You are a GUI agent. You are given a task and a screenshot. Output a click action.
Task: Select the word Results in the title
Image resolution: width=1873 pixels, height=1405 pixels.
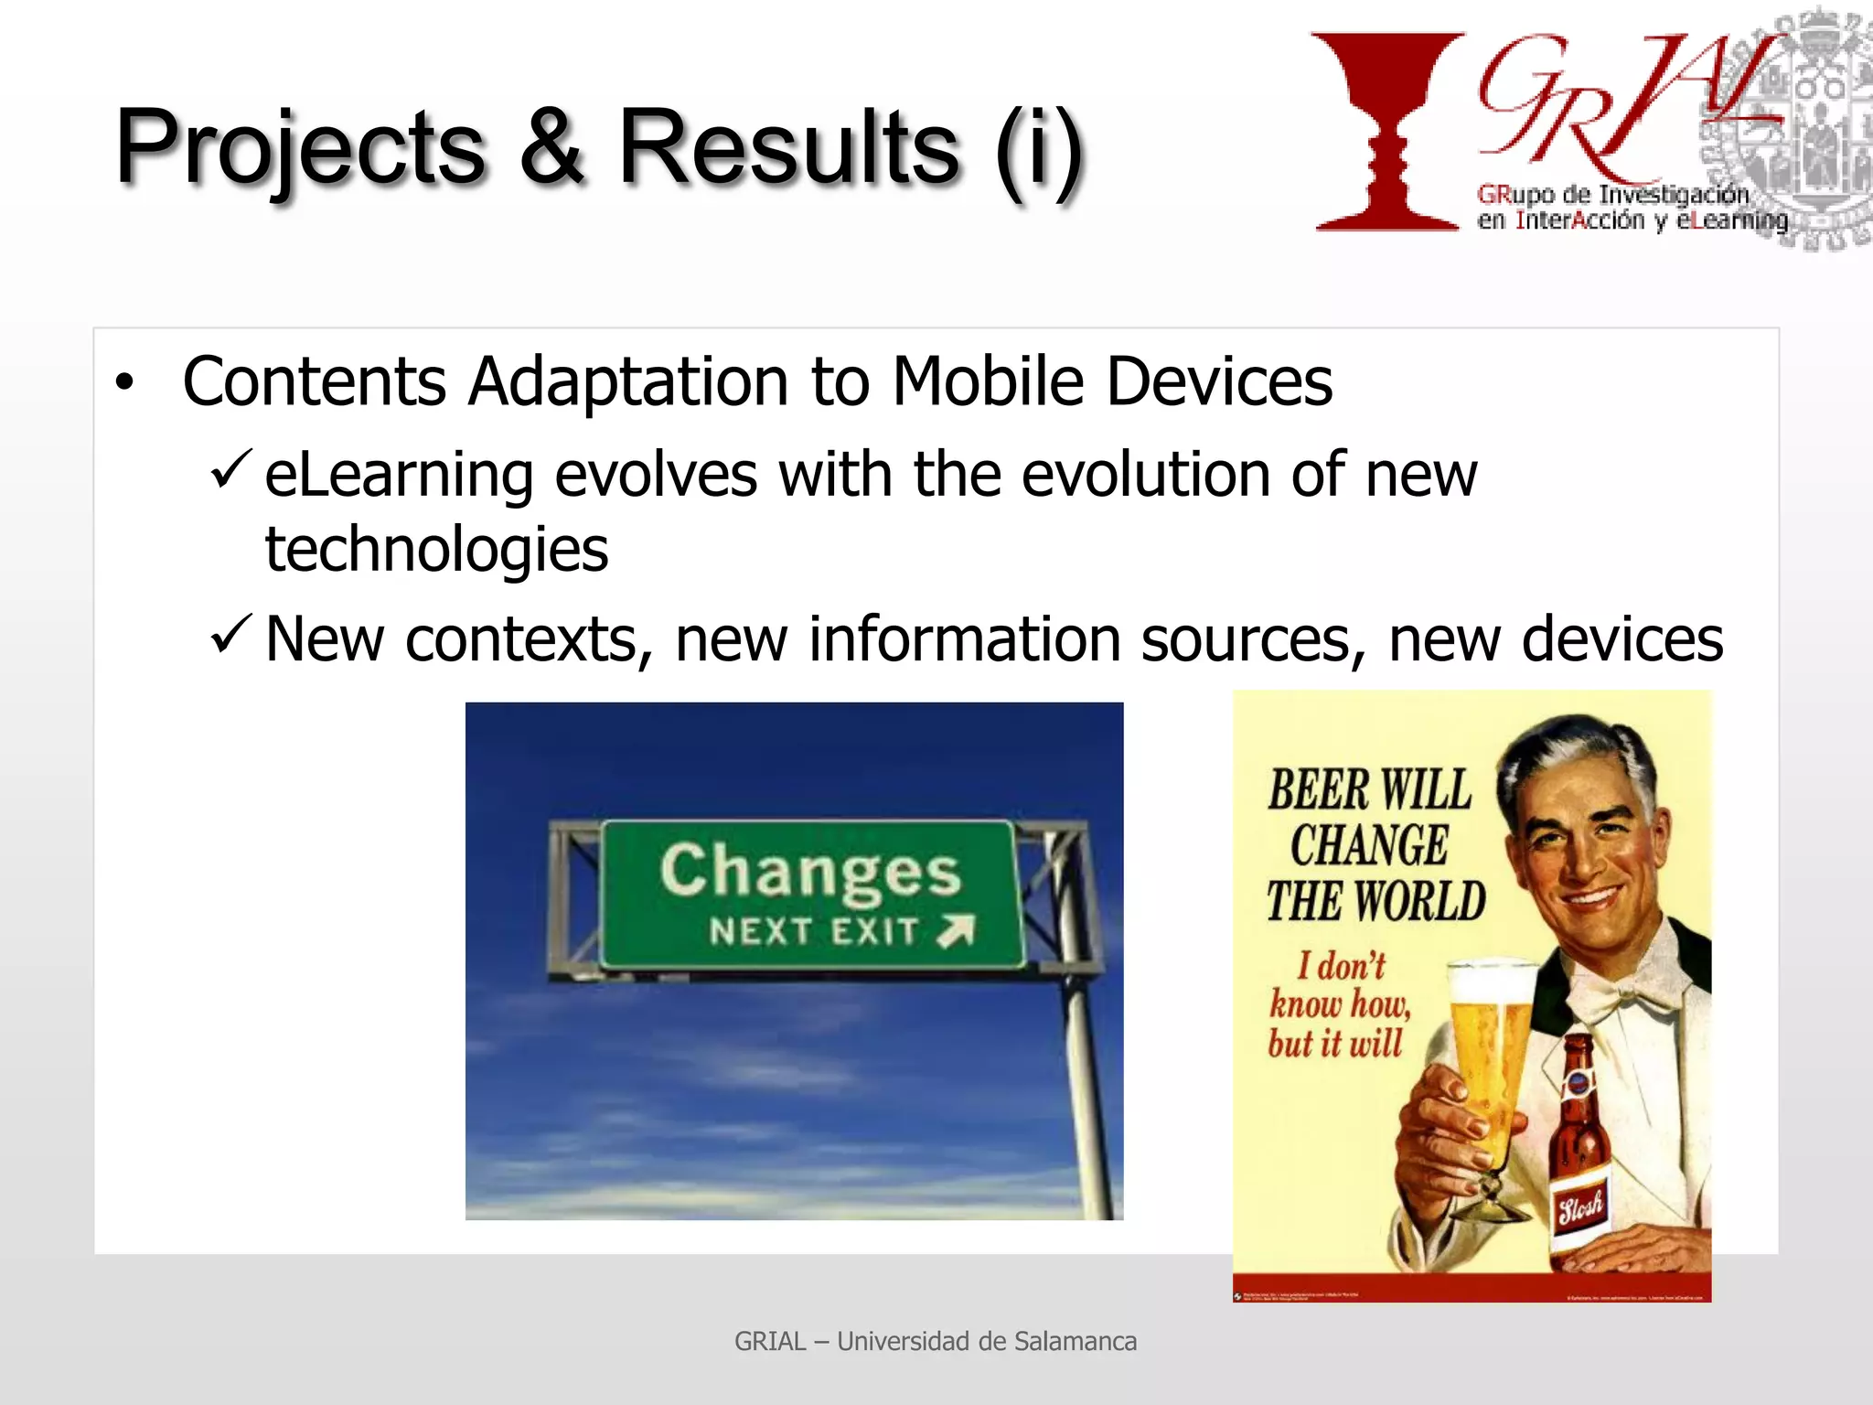point(788,146)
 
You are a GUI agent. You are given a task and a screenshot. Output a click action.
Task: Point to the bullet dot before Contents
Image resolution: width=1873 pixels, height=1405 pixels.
point(124,382)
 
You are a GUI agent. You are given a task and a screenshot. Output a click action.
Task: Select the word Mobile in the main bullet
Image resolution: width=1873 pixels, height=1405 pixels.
point(988,381)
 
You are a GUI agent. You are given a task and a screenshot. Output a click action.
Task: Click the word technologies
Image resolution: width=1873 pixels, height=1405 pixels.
point(436,550)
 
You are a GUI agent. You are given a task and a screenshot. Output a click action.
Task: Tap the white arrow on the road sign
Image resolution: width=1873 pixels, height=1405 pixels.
point(957,930)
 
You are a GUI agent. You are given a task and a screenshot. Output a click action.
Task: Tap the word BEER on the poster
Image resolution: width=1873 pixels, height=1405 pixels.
point(1318,790)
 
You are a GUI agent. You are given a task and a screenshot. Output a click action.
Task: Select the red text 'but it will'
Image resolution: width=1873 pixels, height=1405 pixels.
point(1334,1044)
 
